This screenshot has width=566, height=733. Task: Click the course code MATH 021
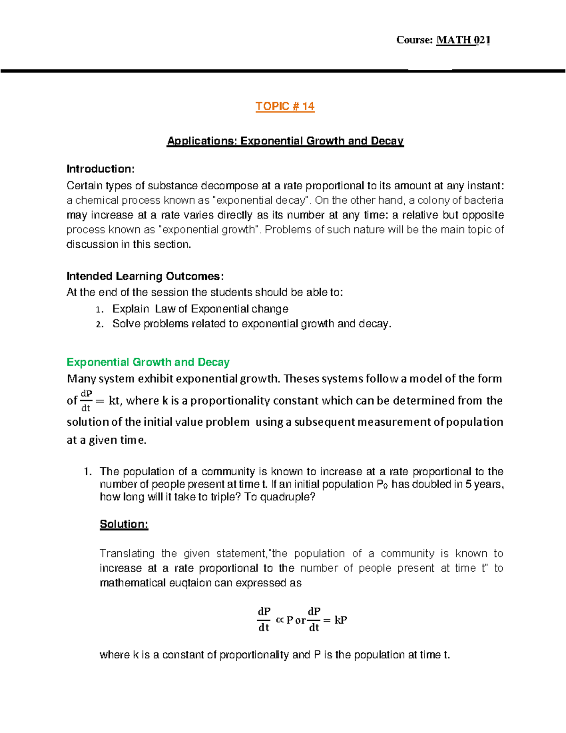pos(463,40)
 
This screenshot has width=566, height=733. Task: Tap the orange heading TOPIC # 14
pos(285,106)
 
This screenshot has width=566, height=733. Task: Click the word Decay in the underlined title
pos(387,141)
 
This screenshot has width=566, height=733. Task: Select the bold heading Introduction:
pos(100,169)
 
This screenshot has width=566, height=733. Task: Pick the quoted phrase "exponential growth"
pos(210,230)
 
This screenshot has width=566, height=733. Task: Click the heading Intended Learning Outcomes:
pos(145,276)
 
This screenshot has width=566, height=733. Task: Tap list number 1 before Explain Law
pos(98,310)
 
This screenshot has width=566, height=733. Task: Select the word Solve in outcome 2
pos(126,324)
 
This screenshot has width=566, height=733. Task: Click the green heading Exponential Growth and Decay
pos(148,362)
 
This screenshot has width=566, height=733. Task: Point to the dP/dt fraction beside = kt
pos(86,400)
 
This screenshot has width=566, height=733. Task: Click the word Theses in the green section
pos(300,379)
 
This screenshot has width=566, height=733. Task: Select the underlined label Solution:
pos(124,524)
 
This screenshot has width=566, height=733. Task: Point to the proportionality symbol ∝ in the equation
pos(279,620)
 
